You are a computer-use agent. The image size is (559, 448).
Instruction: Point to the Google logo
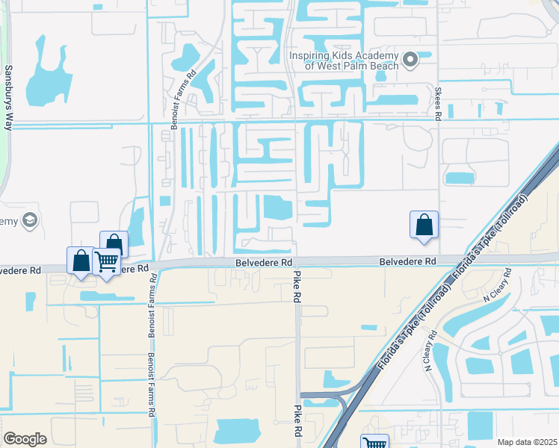25,438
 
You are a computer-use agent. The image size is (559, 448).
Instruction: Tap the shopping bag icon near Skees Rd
424,224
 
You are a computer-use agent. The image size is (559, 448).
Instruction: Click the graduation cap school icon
30,220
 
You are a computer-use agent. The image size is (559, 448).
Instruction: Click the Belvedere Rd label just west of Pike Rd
263,263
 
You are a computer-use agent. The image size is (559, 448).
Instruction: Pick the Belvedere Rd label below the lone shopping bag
407,262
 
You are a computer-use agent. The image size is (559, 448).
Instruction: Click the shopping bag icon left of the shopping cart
81,261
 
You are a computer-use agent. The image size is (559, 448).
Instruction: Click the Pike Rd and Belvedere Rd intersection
297,261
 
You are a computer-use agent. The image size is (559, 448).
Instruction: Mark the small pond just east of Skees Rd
459,178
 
